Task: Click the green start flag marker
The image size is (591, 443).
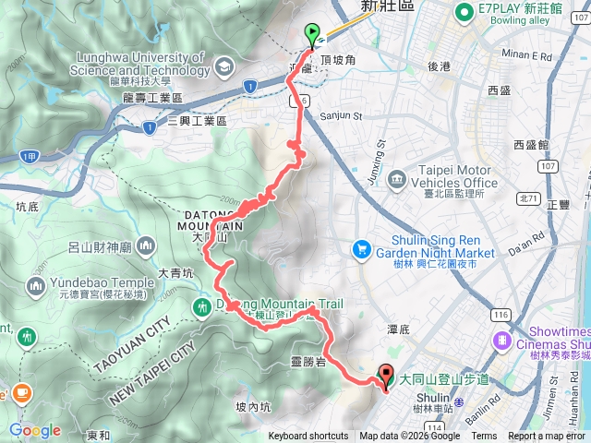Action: tap(313, 34)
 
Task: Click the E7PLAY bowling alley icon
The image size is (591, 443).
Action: tap(462, 12)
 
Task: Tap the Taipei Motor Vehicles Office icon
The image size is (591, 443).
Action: tap(395, 176)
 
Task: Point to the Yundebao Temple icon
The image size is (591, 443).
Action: tap(36, 286)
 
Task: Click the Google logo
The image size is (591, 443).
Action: tap(35, 431)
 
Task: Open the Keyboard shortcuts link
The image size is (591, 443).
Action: tap(308, 437)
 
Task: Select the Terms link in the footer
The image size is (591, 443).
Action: tap(486, 437)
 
